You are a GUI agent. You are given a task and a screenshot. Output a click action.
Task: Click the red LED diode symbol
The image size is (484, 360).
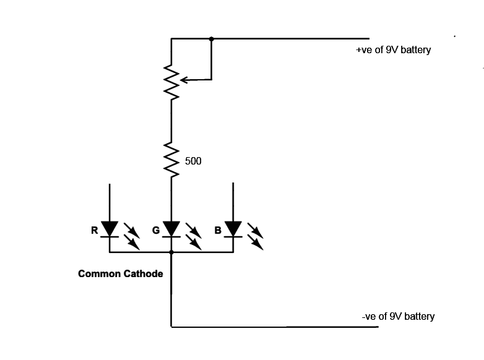click(110, 229)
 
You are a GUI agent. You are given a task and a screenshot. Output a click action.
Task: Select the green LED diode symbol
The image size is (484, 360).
click(171, 229)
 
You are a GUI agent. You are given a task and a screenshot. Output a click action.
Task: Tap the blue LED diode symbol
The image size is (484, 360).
click(233, 229)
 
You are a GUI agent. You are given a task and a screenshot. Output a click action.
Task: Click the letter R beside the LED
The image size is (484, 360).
click(94, 231)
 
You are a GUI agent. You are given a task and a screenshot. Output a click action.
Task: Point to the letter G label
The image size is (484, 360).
click(156, 231)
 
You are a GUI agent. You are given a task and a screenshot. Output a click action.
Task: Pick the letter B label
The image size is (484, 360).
click(218, 231)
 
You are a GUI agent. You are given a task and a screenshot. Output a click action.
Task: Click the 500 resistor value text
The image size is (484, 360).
click(193, 161)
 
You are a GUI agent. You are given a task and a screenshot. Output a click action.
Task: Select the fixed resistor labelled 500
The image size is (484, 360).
click(171, 160)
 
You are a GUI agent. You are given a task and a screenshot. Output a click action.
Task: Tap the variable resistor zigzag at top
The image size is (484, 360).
click(171, 80)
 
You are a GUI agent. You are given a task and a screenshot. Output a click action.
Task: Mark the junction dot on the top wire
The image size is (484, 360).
click(212, 38)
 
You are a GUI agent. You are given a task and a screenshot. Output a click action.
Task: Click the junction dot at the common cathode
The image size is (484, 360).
click(171, 252)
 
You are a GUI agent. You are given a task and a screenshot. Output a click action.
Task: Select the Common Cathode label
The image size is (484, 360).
click(121, 273)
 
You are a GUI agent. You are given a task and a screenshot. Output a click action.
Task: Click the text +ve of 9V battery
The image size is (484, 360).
click(393, 50)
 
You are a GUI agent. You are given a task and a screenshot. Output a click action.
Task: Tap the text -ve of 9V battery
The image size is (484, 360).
click(398, 317)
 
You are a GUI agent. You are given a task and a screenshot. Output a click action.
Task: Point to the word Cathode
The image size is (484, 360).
click(143, 273)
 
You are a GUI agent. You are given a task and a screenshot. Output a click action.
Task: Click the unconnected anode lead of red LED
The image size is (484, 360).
click(110, 201)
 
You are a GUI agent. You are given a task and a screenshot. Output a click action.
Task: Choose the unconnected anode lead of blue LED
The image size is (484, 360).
click(233, 201)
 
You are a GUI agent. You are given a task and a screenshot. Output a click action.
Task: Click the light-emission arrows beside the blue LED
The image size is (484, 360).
click(255, 236)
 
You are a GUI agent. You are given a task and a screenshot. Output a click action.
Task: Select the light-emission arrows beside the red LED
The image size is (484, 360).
click(131, 236)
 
